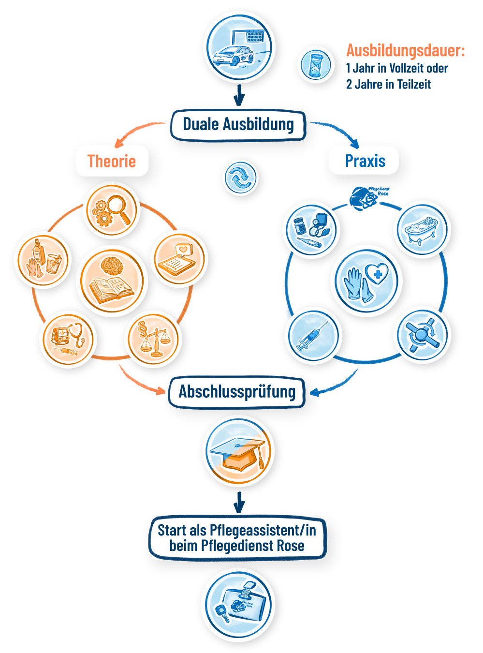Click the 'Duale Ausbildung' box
238,125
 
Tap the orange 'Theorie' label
112,161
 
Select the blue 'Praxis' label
365,161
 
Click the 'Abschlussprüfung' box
237,392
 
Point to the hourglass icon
316,65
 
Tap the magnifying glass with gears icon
111,210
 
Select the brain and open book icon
112,281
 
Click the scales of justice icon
153,339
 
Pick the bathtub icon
422,230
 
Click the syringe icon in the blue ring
313,335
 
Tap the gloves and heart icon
366,281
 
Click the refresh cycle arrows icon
240,178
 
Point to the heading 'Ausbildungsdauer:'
405,50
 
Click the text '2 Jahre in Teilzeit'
388,84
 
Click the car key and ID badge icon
237,605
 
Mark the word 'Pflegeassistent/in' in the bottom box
263,530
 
